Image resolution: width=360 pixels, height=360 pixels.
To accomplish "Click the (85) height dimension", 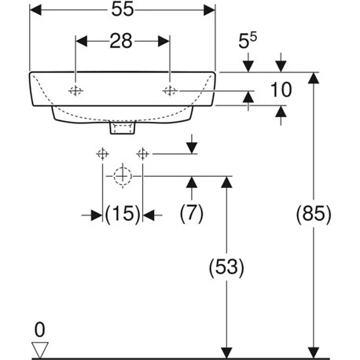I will click(x=316, y=212).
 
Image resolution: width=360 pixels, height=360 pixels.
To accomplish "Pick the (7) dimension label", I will click(x=191, y=212).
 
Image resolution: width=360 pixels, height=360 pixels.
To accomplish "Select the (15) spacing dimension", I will click(x=123, y=212).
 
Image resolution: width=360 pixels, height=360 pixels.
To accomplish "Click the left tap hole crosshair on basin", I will click(x=75, y=91).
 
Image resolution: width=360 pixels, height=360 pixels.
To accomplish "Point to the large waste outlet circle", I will click(x=122, y=176).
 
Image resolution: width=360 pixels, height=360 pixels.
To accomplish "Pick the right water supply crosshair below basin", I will click(x=142, y=153).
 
